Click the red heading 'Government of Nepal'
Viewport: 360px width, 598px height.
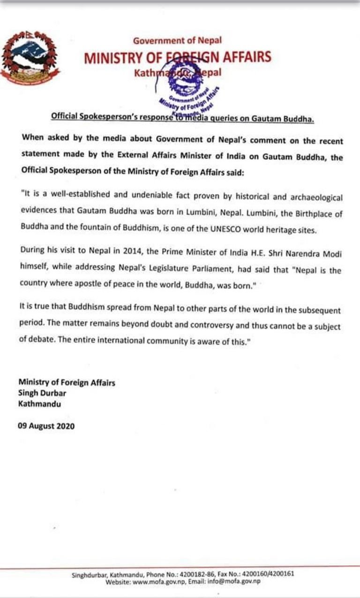177,41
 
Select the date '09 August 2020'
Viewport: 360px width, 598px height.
46,426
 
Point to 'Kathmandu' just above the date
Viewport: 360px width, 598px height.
40,403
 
